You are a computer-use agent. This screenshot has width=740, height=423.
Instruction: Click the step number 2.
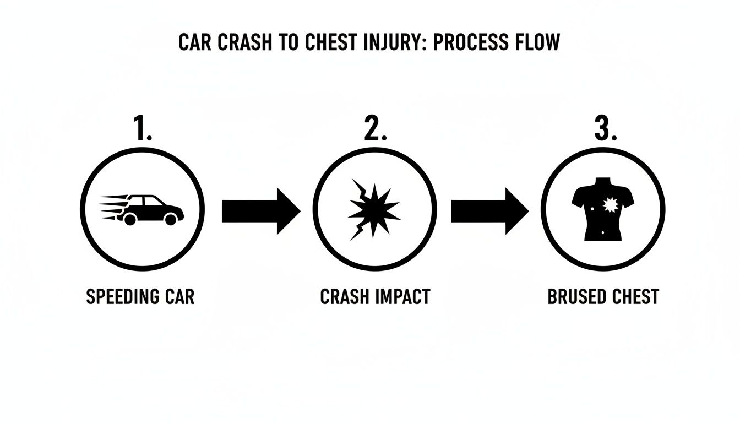pyautogui.click(x=375, y=129)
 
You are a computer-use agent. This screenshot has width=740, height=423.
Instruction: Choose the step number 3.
pyautogui.click(x=605, y=129)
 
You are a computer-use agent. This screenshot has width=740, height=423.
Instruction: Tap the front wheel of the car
pyautogui.click(x=171, y=219)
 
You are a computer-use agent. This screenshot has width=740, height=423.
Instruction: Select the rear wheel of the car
pyautogui.click(x=130, y=219)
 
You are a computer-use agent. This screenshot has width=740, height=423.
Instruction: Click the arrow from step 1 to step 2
pyautogui.click(x=261, y=211)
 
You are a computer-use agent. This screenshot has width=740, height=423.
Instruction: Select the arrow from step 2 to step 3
pyautogui.click(x=490, y=211)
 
